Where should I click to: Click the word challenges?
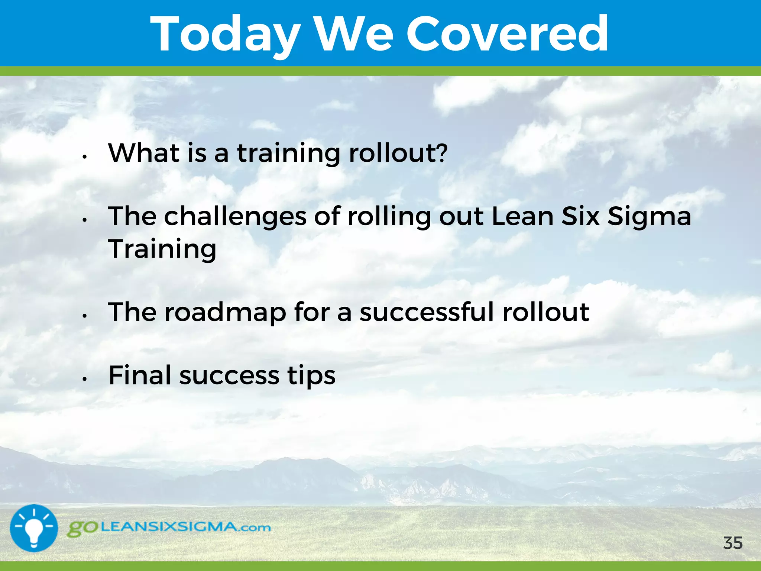235,216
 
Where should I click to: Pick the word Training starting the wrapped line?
162,249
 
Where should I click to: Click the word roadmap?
225,312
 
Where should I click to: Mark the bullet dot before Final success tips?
85,379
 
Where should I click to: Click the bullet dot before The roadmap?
85,316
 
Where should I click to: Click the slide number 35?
733,543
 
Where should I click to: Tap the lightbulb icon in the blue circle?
34,528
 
